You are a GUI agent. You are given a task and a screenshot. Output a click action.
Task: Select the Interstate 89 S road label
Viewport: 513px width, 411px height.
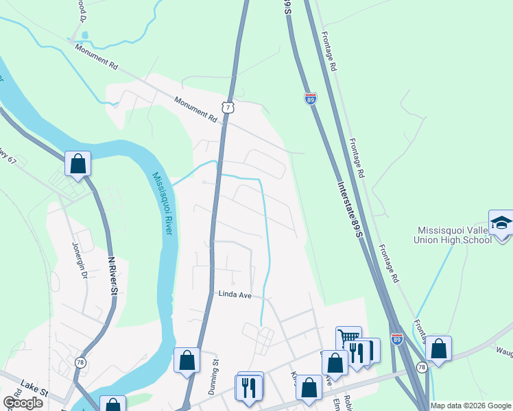coord(350,210)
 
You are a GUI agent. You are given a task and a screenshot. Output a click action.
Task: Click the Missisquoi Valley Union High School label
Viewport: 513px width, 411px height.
coord(453,235)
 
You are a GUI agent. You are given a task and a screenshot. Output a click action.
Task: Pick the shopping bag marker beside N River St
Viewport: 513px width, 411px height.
coord(78,164)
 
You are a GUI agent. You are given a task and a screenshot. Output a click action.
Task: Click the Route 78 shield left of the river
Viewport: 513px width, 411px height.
coord(81,363)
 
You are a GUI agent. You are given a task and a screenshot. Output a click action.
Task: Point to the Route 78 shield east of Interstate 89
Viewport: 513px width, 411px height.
coord(421,367)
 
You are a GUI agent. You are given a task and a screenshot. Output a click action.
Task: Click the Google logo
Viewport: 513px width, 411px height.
coord(22,403)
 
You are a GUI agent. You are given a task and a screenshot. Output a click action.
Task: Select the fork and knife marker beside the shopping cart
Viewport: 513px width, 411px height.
coord(356,353)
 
